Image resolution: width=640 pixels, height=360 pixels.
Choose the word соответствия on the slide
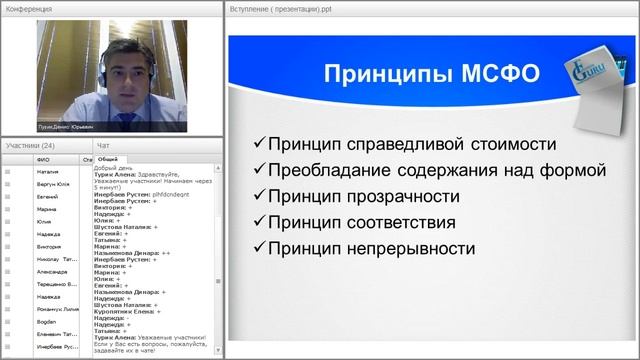[400, 222]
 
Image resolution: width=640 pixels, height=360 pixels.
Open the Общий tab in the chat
[108, 158]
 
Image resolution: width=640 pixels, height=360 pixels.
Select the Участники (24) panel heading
[30, 145]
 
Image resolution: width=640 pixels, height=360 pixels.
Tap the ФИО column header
[43, 159]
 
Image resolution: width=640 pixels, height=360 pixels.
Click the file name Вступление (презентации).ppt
[280, 8]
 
